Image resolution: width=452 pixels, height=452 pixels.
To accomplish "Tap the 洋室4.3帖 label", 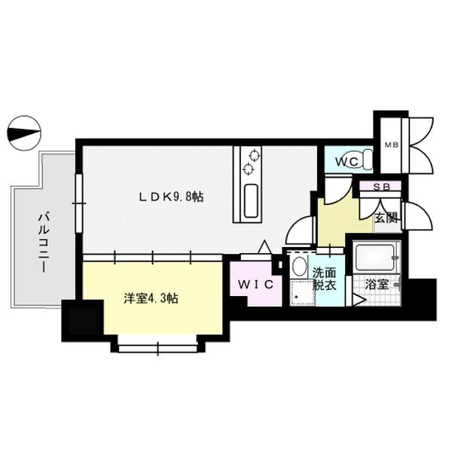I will (x=151, y=298).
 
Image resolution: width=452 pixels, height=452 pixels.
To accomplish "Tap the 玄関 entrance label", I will (x=386, y=217).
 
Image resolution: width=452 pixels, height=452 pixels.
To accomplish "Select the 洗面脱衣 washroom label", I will (x=325, y=279).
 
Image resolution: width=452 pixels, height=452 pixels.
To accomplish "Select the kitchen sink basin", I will (x=252, y=199).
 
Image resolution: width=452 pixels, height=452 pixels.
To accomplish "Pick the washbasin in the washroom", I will (x=298, y=267).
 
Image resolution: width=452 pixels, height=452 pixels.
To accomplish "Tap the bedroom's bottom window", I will (x=159, y=347).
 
